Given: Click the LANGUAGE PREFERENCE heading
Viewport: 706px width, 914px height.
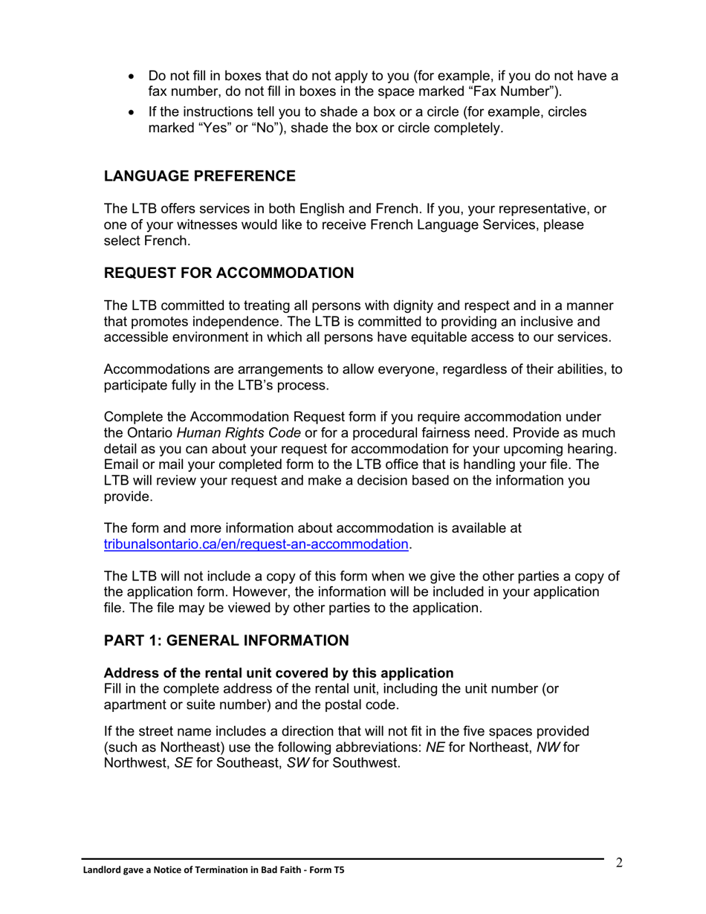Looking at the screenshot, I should coord(199,176).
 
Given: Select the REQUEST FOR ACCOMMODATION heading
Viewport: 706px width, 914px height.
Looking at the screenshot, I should coord(229,273).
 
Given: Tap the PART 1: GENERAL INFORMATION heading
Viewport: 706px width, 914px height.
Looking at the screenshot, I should coord(226,641).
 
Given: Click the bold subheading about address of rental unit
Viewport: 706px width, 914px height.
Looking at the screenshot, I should coord(279,673).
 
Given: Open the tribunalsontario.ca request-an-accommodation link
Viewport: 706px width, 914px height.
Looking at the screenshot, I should coord(256,544).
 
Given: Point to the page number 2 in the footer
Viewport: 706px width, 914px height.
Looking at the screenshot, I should coord(618,863).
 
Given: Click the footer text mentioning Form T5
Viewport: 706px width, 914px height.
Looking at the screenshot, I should coord(213,869).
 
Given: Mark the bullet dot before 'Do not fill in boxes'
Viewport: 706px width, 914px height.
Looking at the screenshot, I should coord(132,77).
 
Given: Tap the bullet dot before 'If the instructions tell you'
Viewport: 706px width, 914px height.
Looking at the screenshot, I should coord(132,112).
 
